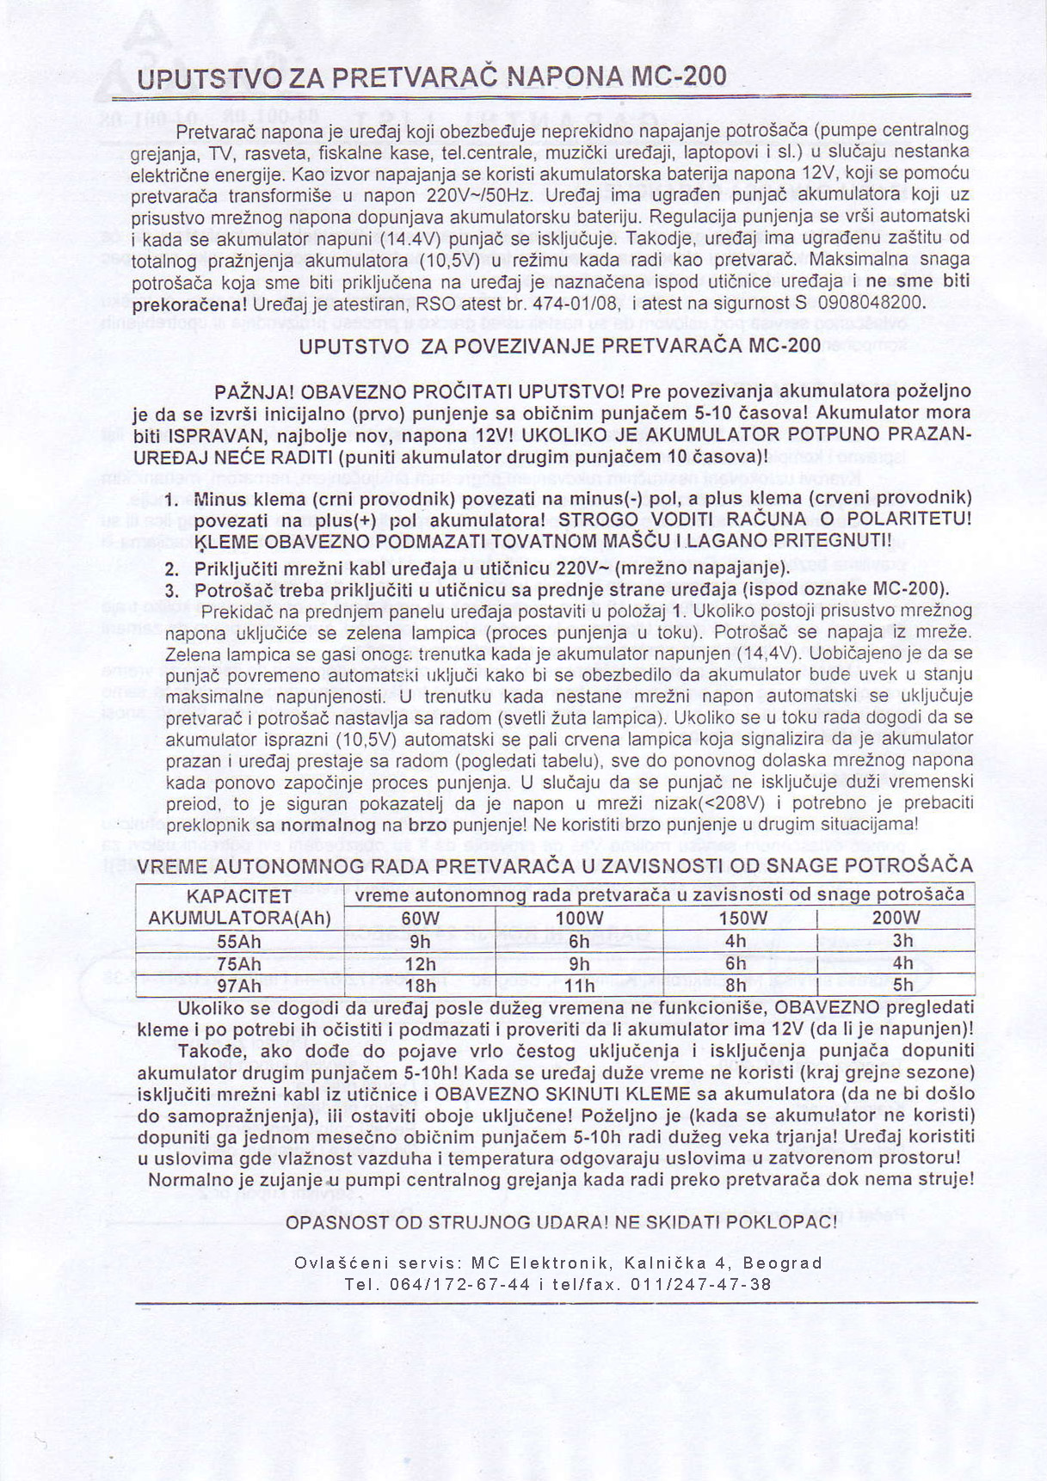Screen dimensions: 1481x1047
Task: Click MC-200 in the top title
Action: (x=679, y=77)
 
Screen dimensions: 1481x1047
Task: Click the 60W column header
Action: (x=420, y=918)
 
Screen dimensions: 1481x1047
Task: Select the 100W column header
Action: (x=579, y=918)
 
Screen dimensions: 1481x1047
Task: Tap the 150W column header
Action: (x=741, y=918)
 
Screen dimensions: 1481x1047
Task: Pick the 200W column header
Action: (x=896, y=918)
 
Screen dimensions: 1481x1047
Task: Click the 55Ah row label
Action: (x=239, y=941)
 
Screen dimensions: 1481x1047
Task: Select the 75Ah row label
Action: (x=239, y=963)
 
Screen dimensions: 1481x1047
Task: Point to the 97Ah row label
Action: (x=239, y=986)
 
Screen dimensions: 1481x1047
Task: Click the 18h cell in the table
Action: (x=420, y=986)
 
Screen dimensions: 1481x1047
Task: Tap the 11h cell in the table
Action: (x=579, y=986)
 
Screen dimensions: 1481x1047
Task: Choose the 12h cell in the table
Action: (x=420, y=963)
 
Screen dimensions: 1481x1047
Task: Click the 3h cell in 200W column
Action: (x=902, y=941)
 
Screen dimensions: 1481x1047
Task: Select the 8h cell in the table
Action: (x=736, y=986)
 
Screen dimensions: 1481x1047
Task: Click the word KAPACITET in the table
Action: (x=239, y=896)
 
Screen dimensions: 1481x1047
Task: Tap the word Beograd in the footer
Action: (x=782, y=1263)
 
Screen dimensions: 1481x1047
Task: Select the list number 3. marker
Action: (x=172, y=591)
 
